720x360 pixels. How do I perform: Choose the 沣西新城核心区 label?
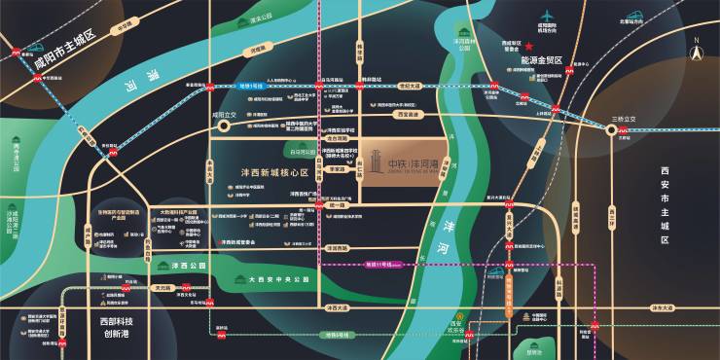[273, 172]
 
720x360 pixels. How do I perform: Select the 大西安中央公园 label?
[279, 279]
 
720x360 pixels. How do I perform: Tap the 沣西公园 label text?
[185, 266]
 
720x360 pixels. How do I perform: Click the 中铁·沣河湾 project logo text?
[417, 163]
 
